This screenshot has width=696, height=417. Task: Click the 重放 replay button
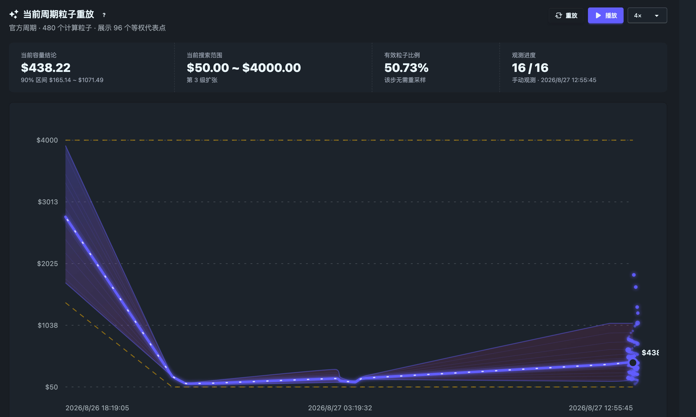(566, 15)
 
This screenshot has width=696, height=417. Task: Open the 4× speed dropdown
(647, 15)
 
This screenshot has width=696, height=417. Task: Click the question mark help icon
(104, 15)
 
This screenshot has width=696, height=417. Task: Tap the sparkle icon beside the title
(14, 14)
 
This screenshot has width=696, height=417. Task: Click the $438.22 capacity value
(46, 68)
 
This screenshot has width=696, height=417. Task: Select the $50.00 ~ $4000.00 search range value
(244, 68)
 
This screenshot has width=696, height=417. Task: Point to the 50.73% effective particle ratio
(406, 68)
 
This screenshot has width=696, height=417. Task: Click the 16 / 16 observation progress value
(530, 68)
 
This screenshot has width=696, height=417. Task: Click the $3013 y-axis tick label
(48, 202)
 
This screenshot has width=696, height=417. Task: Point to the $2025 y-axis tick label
(48, 264)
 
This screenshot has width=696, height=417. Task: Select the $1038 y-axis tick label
(48, 326)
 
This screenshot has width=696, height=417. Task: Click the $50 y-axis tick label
(52, 387)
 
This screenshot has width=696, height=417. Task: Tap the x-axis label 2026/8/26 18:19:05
(97, 408)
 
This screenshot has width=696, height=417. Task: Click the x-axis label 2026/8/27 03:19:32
(340, 408)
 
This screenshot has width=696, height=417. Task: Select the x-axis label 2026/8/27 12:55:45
(601, 408)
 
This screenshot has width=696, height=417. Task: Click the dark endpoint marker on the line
(633, 363)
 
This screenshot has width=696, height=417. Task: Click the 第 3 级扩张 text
(202, 80)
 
